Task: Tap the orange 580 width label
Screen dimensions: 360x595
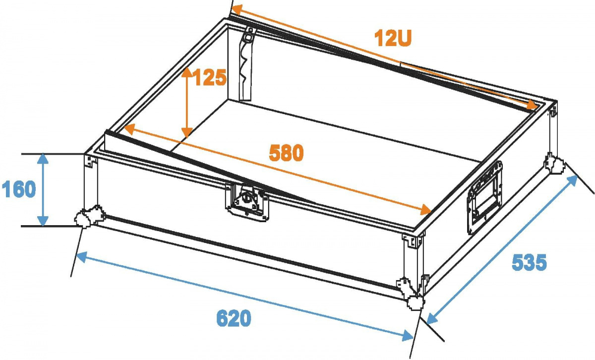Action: (x=286, y=153)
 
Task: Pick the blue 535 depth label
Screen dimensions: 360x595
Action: (x=529, y=262)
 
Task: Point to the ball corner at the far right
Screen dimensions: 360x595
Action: (x=554, y=164)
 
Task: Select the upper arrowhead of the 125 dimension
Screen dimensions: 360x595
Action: (x=187, y=73)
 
